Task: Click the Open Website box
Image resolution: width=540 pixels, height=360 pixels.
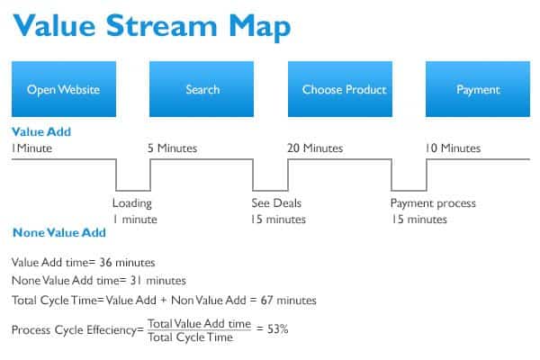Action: tap(64, 89)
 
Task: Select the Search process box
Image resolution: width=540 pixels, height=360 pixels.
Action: tap(202, 89)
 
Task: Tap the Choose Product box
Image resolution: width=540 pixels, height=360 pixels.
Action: tap(340, 89)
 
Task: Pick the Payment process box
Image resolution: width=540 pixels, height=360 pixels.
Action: tap(478, 89)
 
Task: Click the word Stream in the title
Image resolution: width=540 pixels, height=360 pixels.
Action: tap(161, 25)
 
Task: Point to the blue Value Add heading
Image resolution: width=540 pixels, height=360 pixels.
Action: tap(41, 131)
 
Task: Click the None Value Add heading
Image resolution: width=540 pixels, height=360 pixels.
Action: tap(59, 232)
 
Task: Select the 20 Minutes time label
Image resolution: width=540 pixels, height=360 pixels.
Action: tap(315, 148)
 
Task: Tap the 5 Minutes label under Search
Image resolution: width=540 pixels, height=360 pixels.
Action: tap(172, 148)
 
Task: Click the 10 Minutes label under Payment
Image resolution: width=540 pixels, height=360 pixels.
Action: tap(453, 148)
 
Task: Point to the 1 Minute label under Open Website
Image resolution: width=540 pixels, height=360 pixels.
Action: tap(31, 148)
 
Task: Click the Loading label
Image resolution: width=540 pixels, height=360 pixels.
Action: tap(132, 203)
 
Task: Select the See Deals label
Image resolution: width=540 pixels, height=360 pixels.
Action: tap(276, 202)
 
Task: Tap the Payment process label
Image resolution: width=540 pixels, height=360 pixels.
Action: tap(433, 203)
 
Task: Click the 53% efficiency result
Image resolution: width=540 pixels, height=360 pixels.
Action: tap(277, 329)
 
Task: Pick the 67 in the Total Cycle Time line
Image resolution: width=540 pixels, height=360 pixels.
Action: tap(267, 300)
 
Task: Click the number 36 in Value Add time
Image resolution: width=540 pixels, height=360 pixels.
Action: tap(105, 263)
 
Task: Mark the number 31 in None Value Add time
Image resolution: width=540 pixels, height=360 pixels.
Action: tap(136, 281)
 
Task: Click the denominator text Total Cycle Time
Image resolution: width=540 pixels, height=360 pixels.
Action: tap(191, 337)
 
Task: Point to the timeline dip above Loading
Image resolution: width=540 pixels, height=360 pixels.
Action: tap(133, 190)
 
